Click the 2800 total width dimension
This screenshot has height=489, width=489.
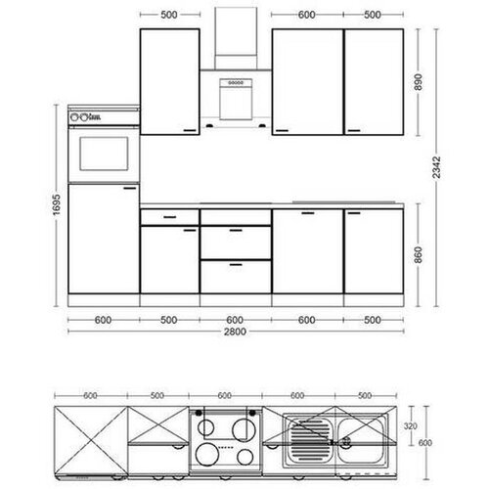(x=235, y=332)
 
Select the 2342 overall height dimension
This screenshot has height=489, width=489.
(x=436, y=167)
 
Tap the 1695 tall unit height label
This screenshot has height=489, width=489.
(x=57, y=204)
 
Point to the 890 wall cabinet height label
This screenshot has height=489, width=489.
(x=419, y=82)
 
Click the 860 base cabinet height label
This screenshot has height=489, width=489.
(x=419, y=255)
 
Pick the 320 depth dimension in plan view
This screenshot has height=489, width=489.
(x=410, y=426)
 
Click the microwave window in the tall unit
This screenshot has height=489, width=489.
(x=104, y=154)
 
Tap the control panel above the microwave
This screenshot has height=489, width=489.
(x=104, y=117)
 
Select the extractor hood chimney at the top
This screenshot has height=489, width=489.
(x=236, y=38)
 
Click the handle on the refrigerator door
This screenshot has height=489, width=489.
(x=130, y=188)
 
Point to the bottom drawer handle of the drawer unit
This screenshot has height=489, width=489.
(x=236, y=265)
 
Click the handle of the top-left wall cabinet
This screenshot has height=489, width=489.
(x=190, y=130)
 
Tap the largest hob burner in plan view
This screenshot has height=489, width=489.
(x=244, y=429)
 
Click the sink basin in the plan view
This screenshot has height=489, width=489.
(x=361, y=439)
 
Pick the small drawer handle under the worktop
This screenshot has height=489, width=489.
(x=170, y=217)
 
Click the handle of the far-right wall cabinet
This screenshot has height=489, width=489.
(x=354, y=130)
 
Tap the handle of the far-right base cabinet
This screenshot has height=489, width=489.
(x=354, y=213)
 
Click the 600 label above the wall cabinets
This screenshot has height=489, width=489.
(x=306, y=15)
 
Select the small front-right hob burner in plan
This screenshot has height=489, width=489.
(x=245, y=457)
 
